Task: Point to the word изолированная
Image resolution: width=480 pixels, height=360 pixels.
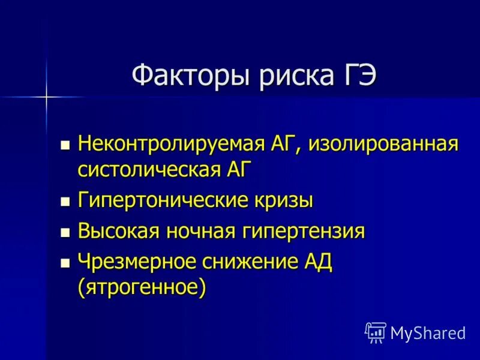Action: click(x=384, y=145)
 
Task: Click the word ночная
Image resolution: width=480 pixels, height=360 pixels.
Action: click(x=198, y=231)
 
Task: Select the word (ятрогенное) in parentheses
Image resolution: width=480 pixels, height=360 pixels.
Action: click(x=142, y=286)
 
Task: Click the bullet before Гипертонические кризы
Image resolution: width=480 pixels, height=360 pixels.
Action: click(x=65, y=201)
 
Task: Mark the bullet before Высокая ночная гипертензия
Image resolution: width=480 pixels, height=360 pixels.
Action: click(x=65, y=232)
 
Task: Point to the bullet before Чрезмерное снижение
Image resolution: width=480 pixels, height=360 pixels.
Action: click(x=65, y=263)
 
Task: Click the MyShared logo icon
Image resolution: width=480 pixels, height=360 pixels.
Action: click(x=376, y=332)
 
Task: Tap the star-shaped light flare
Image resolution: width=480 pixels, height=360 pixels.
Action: click(x=46, y=96)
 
